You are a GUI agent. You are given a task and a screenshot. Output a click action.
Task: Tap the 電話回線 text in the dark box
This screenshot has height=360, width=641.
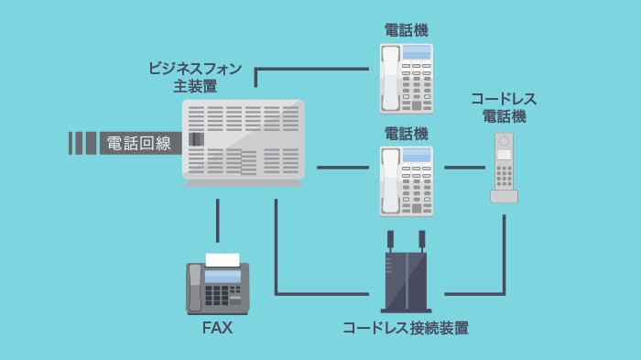pyautogui.click(x=139, y=143)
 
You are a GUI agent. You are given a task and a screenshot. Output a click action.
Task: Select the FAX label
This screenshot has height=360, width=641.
pyautogui.click(x=217, y=327)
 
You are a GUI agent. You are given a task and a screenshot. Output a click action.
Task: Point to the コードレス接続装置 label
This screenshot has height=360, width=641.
pyautogui.click(x=405, y=327)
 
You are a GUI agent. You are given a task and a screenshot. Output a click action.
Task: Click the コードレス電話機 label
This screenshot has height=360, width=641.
pyautogui.click(x=504, y=107)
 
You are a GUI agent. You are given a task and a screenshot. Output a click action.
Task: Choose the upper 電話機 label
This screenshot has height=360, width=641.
pyautogui.click(x=406, y=30)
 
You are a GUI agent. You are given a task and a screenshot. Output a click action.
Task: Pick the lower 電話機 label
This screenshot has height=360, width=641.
pyautogui.click(x=406, y=134)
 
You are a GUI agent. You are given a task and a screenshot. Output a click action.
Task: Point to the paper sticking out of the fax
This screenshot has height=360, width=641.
pyautogui.click(x=223, y=260)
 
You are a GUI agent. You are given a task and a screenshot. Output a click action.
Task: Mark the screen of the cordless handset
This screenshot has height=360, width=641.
pyautogui.click(x=504, y=155)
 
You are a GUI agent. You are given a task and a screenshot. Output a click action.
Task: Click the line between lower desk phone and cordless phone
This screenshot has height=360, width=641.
pyautogui.click(x=464, y=168)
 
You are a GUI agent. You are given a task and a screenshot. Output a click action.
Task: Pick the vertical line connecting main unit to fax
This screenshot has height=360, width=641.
pyautogui.click(x=218, y=220)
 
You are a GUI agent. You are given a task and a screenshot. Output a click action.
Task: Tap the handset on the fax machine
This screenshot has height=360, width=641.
pyautogui.click(x=194, y=287)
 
